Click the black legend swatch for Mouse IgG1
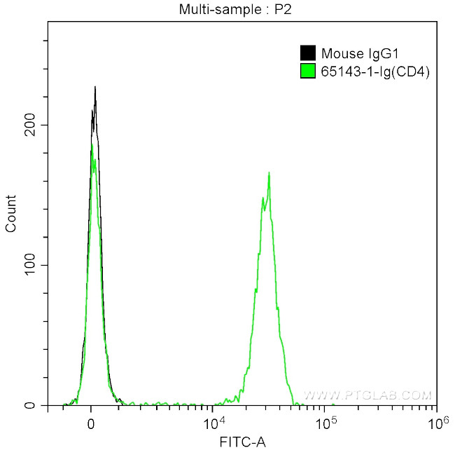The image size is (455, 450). click(307, 53)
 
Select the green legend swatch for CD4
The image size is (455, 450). click(307, 71)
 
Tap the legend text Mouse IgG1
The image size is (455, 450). click(353, 53)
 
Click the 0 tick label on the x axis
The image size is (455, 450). click(91, 424)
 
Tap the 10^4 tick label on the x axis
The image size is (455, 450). click(213, 423)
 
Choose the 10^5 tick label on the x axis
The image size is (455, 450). click(324, 423)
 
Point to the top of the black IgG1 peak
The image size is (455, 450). click(95, 88)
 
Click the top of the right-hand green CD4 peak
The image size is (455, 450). click(269, 172)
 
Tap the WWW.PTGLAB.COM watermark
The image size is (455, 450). click(378, 395)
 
